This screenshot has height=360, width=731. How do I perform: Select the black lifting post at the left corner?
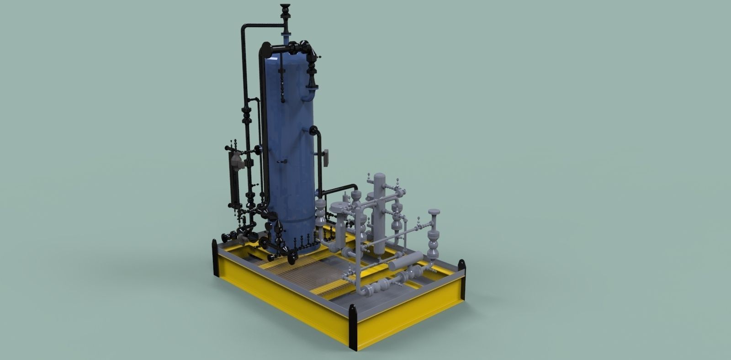215,258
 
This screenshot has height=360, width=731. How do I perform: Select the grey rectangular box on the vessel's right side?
326,157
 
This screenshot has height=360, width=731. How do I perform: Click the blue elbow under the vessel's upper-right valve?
309,96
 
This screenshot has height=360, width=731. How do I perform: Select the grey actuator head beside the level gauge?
237,160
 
